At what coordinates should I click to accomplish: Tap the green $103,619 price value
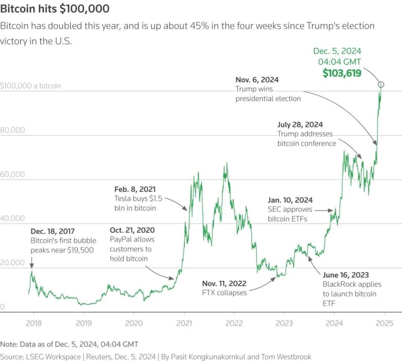[342, 73]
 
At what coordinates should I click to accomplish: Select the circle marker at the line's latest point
[381, 85]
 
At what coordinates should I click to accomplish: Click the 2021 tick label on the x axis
[184, 323]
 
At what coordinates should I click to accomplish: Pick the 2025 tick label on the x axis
[384, 323]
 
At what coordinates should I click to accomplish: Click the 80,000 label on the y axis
[13, 130]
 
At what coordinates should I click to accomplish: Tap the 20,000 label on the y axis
[13, 263]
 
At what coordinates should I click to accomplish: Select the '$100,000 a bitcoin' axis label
[31, 86]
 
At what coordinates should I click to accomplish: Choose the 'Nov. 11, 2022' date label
[224, 283]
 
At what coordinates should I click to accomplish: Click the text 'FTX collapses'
[224, 293]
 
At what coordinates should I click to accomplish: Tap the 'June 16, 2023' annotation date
[346, 275]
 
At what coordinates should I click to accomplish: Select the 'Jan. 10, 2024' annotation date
[290, 200]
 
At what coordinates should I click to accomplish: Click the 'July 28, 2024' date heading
[300, 125]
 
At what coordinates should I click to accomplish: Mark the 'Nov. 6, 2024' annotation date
[257, 79]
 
